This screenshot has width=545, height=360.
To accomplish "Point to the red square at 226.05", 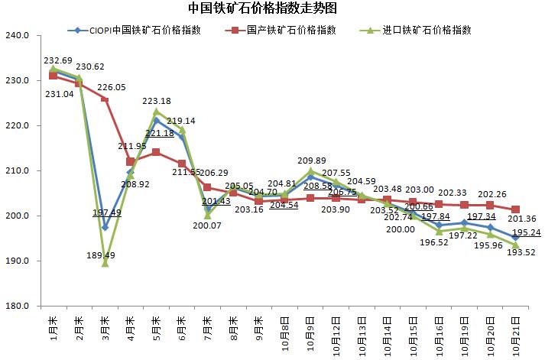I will point(105,99).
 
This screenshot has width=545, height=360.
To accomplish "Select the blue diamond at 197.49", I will point(105,227).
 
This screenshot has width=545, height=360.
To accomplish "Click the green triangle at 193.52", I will point(516,245).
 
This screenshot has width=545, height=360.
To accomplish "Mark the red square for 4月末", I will point(131,162).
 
